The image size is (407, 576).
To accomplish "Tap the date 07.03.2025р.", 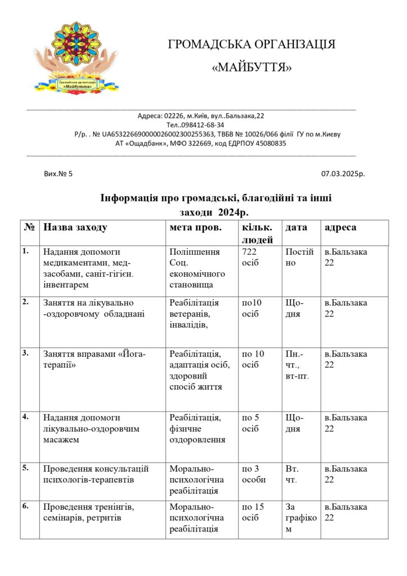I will (x=343, y=174).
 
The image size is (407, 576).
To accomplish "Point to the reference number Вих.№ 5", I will (x=58, y=174).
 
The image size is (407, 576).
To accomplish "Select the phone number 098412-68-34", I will (x=205, y=125).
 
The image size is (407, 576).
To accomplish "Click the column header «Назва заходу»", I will (x=75, y=228).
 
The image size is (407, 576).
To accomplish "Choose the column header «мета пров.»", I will (x=196, y=228).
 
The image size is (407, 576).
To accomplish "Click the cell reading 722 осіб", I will (x=251, y=257).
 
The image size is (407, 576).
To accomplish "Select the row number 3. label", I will (x=25, y=353).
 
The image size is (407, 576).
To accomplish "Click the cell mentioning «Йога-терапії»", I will (x=94, y=359).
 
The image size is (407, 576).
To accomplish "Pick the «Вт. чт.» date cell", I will (x=292, y=474).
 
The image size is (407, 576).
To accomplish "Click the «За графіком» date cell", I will (x=301, y=517).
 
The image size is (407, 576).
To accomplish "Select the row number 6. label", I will (x=25, y=506).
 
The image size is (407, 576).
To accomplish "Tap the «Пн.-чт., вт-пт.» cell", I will (x=297, y=364).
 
